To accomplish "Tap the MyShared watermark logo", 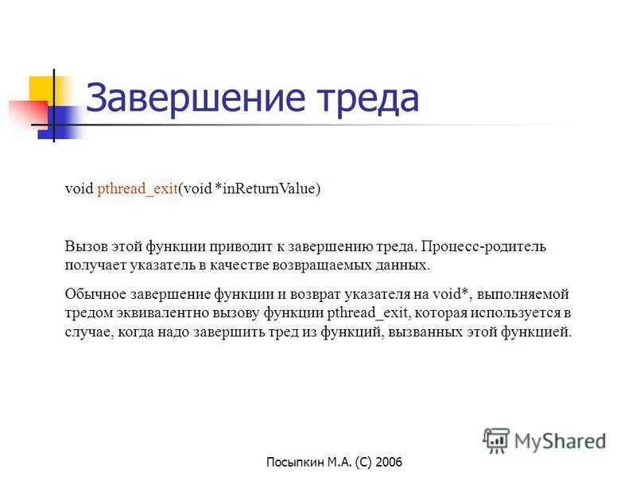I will click(545, 440).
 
